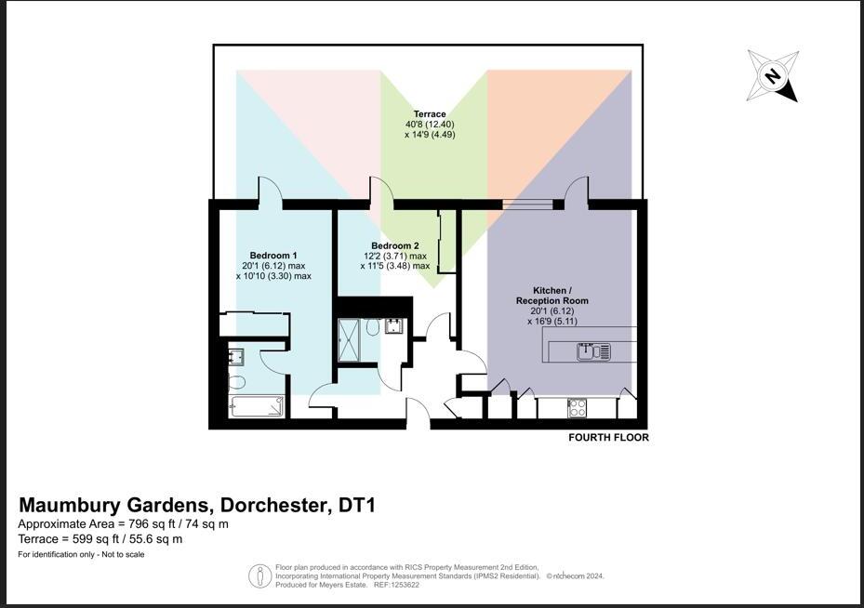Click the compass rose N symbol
pyautogui.click(x=772, y=75)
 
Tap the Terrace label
pyautogui.click(x=430, y=114)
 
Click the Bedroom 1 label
pyautogui.click(x=273, y=256)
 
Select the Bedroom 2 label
pyautogui.click(x=395, y=246)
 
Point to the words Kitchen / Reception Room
pyautogui.click(x=552, y=296)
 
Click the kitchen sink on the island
pyautogui.click(x=592, y=351)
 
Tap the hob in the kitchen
pyautogui.click(x=577, y=406)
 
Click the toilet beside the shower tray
pyautogui.click(x=373, y=328)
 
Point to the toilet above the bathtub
pyautogui.click(x=235, y=382)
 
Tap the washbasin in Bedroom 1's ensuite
pyautogui.click(x=236, y=354)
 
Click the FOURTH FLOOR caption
pyautogui.click(x=608, y=437)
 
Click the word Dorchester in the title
pyautogui.click(x=272, y=507)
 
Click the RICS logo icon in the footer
pyautogui.click(x=259, y=575)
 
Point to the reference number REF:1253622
pyautogui.click(x=395, y=585)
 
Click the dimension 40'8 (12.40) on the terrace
pyautogui.click(x=430, y=125)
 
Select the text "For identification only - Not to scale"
pyautogui.click(x=81, y=555)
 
